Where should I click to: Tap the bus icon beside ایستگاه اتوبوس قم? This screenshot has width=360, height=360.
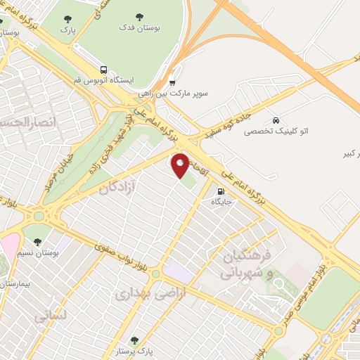pos(104,70)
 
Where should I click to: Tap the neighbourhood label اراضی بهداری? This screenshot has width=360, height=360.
pos(141,291)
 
